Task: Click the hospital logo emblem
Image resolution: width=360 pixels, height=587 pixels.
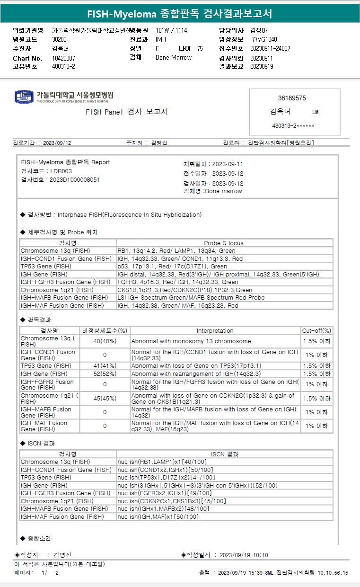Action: pos(24,97)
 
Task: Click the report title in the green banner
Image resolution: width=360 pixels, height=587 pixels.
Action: pos(180,13)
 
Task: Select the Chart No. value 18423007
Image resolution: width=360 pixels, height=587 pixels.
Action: pos(63,58)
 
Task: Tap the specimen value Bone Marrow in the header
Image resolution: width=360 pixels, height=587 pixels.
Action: pos(174,57)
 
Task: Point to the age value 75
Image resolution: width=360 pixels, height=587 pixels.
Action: pos(200,48)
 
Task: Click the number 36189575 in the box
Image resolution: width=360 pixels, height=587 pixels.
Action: pos(292,98)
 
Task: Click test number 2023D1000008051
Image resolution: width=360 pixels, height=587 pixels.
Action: pos(74,179)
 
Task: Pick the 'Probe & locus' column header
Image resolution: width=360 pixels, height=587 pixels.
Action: pos(224,243)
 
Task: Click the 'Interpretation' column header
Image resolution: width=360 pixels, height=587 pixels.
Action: pos(215,330)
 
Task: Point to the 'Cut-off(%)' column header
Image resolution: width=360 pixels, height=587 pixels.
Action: pos(316,330)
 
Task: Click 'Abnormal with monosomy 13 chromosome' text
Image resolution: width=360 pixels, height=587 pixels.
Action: pos(191,341)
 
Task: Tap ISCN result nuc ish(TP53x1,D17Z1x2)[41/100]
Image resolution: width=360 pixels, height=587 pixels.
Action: pos(166,477)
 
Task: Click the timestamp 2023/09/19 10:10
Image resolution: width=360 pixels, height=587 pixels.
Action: pos(244,555)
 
